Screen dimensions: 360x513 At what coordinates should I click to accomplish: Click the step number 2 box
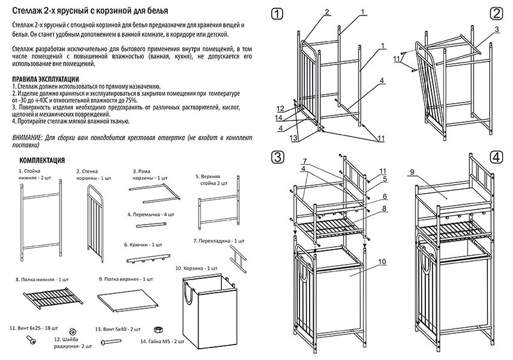point(496,13)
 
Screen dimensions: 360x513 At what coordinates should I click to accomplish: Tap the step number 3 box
point(276,157)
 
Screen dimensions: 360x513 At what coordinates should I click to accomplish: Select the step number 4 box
point(496,157)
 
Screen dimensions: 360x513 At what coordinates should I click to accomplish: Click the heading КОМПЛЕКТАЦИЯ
point(47,160)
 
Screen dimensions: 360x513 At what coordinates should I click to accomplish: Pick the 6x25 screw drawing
point(31,340)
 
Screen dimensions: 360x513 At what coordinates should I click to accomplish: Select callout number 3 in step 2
point(496,28)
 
